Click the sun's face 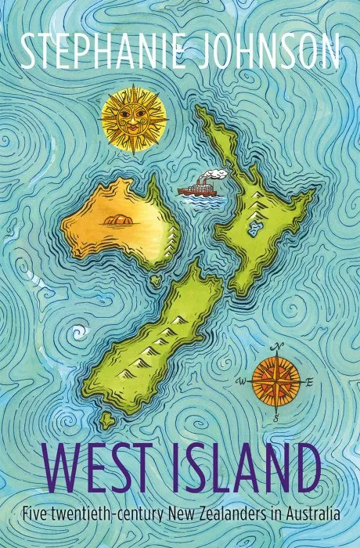tap(134, 120)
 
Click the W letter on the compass tap(243, 381)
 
